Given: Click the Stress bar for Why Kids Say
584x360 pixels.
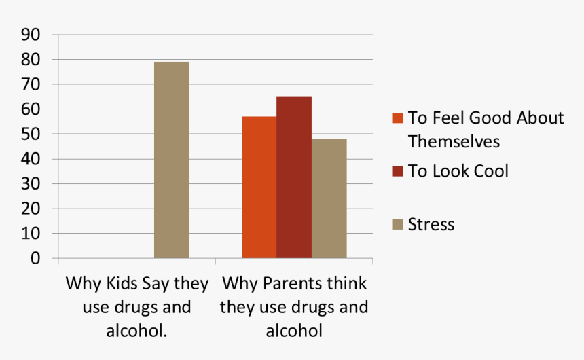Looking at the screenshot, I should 171,160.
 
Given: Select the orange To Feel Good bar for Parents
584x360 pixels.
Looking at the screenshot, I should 259,187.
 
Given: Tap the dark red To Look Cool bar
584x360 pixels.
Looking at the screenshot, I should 294,178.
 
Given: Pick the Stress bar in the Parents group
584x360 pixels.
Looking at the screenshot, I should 329,198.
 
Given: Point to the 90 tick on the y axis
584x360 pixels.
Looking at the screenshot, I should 31,35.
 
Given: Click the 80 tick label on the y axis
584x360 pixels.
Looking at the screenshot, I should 31,60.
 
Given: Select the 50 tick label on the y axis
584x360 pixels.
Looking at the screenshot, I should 31,134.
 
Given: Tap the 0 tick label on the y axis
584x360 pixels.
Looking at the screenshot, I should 35,259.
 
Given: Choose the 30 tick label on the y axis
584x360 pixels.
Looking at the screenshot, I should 31,184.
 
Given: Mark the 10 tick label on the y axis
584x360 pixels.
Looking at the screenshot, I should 31,234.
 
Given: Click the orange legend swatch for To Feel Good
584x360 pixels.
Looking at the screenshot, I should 398,118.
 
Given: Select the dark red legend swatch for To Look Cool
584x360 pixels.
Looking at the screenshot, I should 398,171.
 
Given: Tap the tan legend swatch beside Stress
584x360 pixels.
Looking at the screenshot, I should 398,224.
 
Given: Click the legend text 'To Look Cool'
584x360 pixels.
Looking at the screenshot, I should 458,171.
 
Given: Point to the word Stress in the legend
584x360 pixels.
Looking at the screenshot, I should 431,224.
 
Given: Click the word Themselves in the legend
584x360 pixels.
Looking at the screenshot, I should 454,141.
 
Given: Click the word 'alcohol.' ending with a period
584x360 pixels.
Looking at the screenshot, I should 137,331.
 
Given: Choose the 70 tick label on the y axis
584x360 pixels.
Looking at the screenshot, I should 31,85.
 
